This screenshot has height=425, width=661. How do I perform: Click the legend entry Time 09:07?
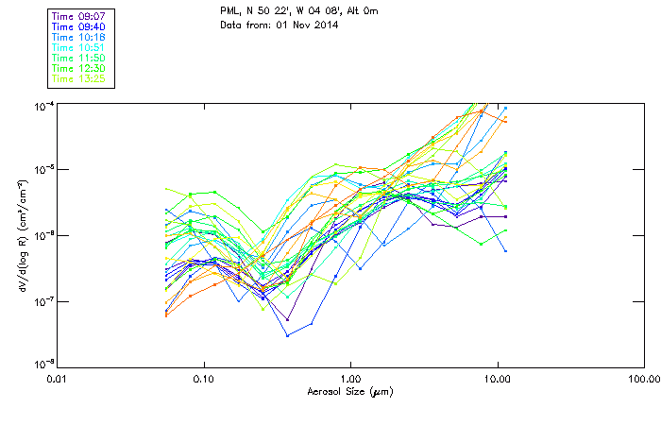(x=77, y=16)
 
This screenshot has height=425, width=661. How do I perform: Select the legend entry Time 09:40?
(x=77, y=26)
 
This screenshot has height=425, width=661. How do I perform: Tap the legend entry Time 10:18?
(x=77, y=37)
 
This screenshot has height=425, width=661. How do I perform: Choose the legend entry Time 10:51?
(x=77, y=47)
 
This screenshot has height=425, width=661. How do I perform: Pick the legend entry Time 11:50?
(x=77, y=58)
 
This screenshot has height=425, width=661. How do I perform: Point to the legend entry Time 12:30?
(x=77, y=68)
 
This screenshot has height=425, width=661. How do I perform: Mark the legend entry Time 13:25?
(x=77, y=78)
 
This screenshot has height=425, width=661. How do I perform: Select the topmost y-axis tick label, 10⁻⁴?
(x=42, y=103)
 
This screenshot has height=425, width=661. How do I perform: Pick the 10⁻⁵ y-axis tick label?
(x=42, y=169)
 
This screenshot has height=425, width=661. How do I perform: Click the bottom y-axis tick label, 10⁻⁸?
(x=42, y=365)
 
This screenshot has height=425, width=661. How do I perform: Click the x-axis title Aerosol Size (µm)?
(x=350, y=391)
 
